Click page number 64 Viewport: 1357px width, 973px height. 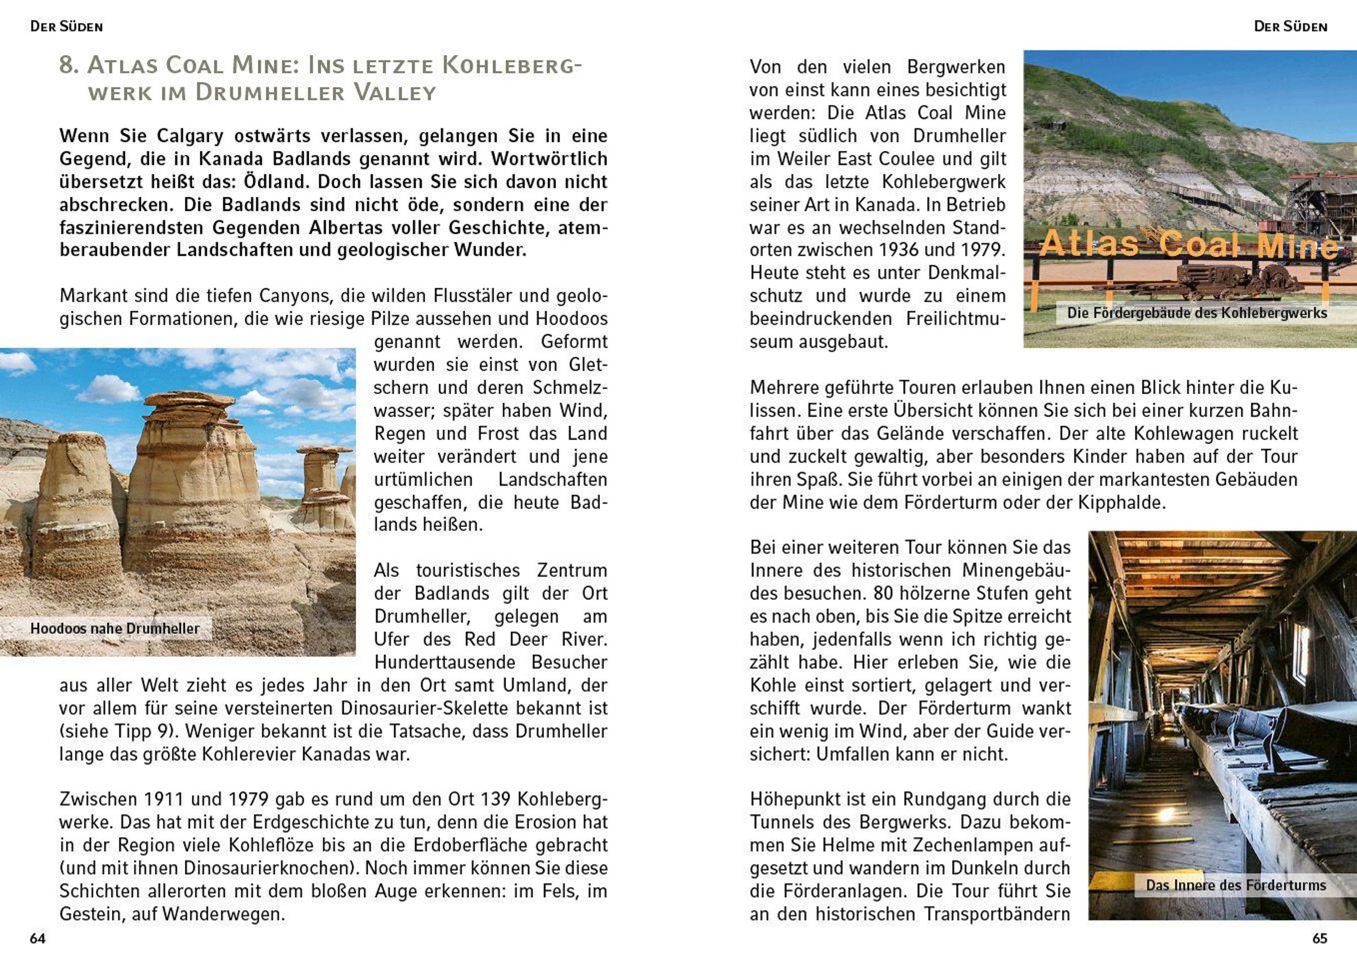pyautogui.click(x=38, y=939)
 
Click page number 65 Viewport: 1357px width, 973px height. pyautogui.click(x=1319, y=939)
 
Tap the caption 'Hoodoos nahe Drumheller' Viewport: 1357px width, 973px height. pyautogui.click(x=115, y=628)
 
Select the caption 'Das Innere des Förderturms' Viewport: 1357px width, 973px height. pyautogui.click(x=1236, y=885)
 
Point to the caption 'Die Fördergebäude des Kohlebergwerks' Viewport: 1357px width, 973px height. pyautogui.click(x=1196, y=313)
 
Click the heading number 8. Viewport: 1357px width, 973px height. pyautogui.click(x=68, y=65)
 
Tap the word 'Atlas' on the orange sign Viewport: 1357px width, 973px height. pyautogui.click(x=1088, y=244)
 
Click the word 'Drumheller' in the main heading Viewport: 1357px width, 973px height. pyautogui.click(x=271, y=93)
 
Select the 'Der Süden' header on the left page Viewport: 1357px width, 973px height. pyautogui.click(x=66, y=27)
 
